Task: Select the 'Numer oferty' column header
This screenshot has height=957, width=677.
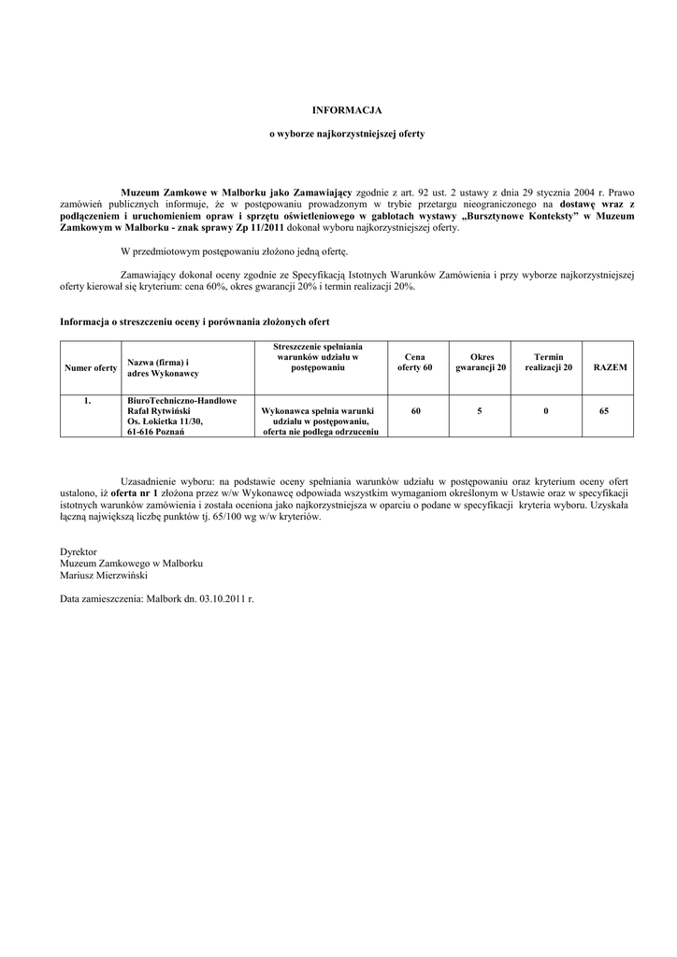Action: pos(91,368)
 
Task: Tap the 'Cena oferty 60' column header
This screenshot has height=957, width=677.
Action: pos(415,363)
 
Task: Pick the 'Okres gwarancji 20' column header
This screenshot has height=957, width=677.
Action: pos(481,363)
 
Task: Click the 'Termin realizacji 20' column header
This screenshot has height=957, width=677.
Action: pos(548,363)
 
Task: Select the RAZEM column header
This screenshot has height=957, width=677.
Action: pos(611,368)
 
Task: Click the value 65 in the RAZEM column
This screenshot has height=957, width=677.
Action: pos(604,410)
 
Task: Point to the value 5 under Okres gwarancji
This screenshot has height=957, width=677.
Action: pos(480,410)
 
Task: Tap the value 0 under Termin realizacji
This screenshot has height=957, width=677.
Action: pos(545,410)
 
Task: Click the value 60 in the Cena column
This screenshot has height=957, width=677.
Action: pos(415,410)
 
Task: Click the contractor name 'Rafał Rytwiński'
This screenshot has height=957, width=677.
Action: pos(159,411)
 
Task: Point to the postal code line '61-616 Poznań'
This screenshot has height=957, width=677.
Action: pos(156,433)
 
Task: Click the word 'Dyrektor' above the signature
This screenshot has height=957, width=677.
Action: pos(79,552)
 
